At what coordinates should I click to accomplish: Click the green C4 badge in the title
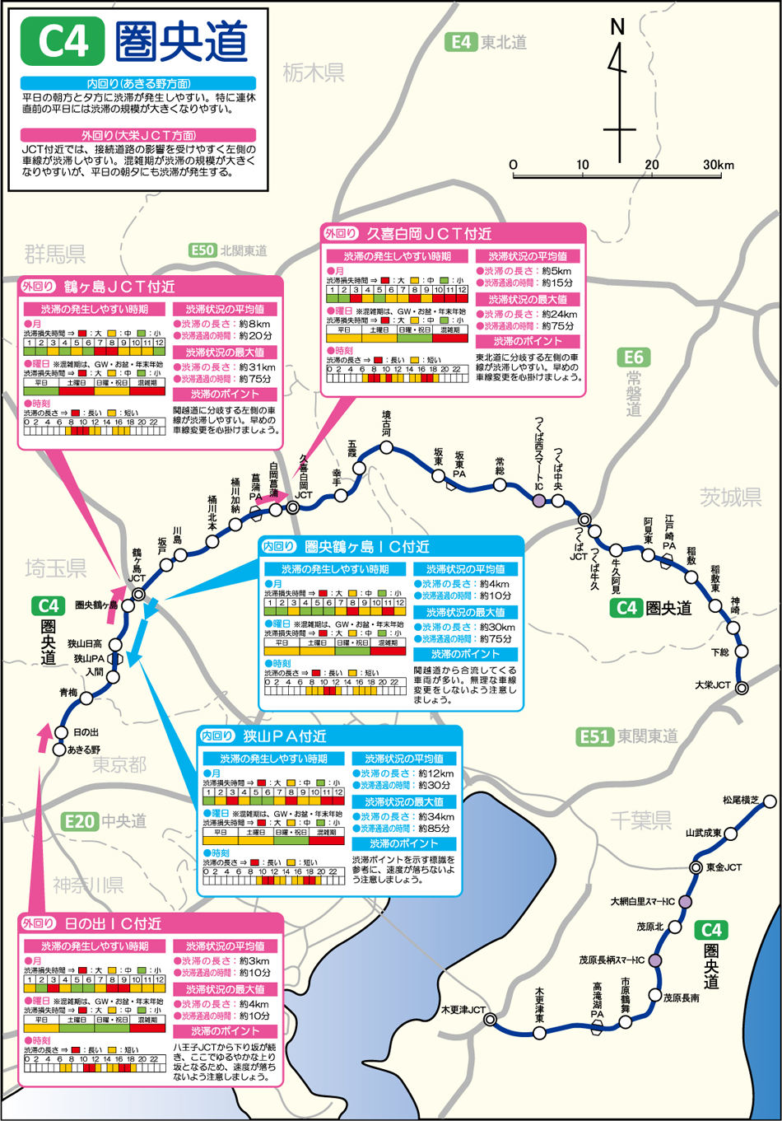(63, 40)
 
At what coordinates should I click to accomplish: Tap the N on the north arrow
(617, 27)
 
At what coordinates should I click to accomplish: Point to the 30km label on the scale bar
(718, 165)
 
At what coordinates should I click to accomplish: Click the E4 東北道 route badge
(461, 42)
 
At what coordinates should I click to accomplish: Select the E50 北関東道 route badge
(202, 250)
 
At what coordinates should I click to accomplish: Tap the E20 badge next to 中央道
(80, 820)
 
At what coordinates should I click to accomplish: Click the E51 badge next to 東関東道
(594, 736)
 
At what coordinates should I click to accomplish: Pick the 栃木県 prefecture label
(314, 72)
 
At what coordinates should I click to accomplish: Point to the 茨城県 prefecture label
(730, 497)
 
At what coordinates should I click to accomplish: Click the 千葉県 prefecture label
(641, 820)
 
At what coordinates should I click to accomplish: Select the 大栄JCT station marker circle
(742, 688)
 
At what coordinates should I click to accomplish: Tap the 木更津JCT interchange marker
(490, 1020)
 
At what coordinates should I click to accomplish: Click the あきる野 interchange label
(83, 750)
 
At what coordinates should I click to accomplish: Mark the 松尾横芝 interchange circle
(770, 801)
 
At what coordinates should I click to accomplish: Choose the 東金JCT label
(724, 867)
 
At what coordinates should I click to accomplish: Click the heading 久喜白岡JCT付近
(428, 234)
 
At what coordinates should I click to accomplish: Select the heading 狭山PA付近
(285, 736)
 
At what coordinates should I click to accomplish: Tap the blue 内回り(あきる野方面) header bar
(138, 83)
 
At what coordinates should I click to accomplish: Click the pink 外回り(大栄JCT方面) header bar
(138, 134)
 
